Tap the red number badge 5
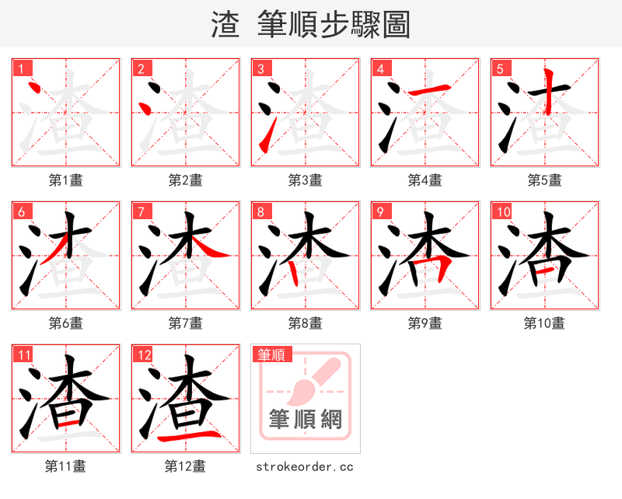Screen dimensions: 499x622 click(x=500, y=68)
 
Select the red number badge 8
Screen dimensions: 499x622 click(x=260, y=211)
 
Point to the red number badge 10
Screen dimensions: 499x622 click(x=502, y=211)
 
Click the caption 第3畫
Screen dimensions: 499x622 click(x=305, y=180)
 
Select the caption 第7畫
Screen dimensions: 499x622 click(x=185, y=323)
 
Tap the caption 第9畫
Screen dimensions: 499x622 click(x=425, y=323)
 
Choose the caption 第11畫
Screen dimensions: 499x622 click(x=65, y=466)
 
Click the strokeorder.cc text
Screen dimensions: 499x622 click(x=305, y=466)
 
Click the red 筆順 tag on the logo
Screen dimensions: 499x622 click(x=271, y=354)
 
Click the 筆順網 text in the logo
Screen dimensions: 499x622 click(x=305, y=420)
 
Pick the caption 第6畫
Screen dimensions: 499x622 click(x=65, y=323)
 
